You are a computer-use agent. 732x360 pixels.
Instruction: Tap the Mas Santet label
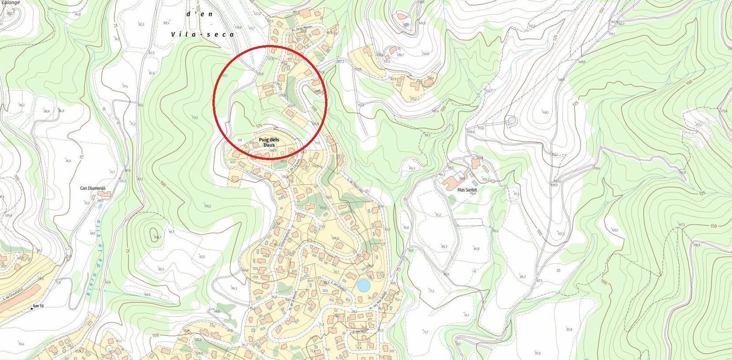(x=467, y=189)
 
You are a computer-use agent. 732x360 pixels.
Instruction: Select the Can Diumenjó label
(x=93, y=188)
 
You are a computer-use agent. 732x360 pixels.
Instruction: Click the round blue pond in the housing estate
(x=363, y=286)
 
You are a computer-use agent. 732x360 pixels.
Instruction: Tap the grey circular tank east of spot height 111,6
(x=511, y=120)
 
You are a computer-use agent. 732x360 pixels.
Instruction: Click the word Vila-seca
(x=202, y=34)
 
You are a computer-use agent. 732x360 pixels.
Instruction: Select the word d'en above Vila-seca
(x=199, y=14)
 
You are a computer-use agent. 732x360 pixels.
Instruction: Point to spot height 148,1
(x=544, y=113)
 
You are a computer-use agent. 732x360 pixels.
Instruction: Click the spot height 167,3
(x=681, y=225)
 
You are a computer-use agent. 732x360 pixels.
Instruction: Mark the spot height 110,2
(x=207, y=206)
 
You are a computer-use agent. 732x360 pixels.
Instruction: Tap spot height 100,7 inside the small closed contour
(x=157, y=237)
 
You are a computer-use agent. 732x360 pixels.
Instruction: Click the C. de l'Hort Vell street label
(x=355, y=185)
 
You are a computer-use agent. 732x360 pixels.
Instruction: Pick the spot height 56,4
(x=21, y=344)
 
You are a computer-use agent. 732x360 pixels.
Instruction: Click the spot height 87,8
(x=569, y=329)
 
